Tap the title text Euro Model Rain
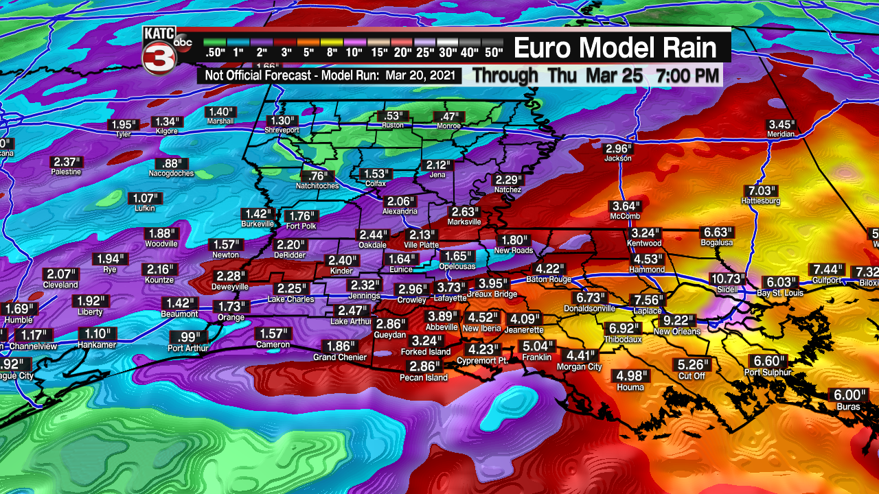coord(615,48)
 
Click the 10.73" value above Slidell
coord(727,279)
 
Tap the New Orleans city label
coord(676,331)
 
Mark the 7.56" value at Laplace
coord(648,300)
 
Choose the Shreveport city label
coord(282,130)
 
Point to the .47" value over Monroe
coord(450,116)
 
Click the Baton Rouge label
coord(549,279)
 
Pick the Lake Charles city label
coord(291,299)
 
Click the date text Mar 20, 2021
coord(420,75)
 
